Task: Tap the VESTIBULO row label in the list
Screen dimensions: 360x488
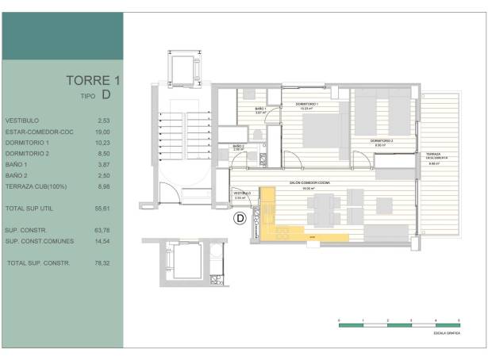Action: [21, 121]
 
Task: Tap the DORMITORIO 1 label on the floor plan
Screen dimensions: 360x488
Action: [307, 105]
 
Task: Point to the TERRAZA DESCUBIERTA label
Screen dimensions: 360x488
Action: [436, 156]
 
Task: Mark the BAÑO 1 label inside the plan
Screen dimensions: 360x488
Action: [259, 109]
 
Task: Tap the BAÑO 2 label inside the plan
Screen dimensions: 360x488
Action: [238, 147]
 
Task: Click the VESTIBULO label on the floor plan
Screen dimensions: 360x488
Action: [242, 193]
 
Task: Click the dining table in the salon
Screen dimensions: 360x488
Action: [323, 207]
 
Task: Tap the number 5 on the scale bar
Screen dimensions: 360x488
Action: [459, 318]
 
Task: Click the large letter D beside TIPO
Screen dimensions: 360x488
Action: [106, 96]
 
